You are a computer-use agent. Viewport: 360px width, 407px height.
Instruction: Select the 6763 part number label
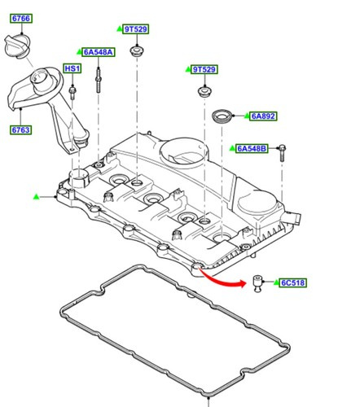[20, 129]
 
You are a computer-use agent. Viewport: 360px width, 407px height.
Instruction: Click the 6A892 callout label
[264, 116]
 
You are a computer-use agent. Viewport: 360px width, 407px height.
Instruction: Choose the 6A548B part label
[252, 148]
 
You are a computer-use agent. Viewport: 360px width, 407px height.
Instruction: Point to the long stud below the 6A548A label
[99, 80]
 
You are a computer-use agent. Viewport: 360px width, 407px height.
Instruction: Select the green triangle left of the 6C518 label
[274, 282]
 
